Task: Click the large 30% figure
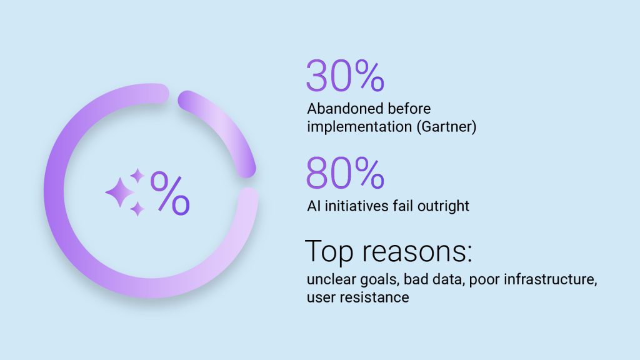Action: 345,76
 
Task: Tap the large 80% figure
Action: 345,173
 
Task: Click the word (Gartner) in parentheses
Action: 446,126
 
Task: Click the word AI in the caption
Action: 314,206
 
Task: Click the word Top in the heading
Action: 329,252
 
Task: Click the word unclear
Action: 331,279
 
